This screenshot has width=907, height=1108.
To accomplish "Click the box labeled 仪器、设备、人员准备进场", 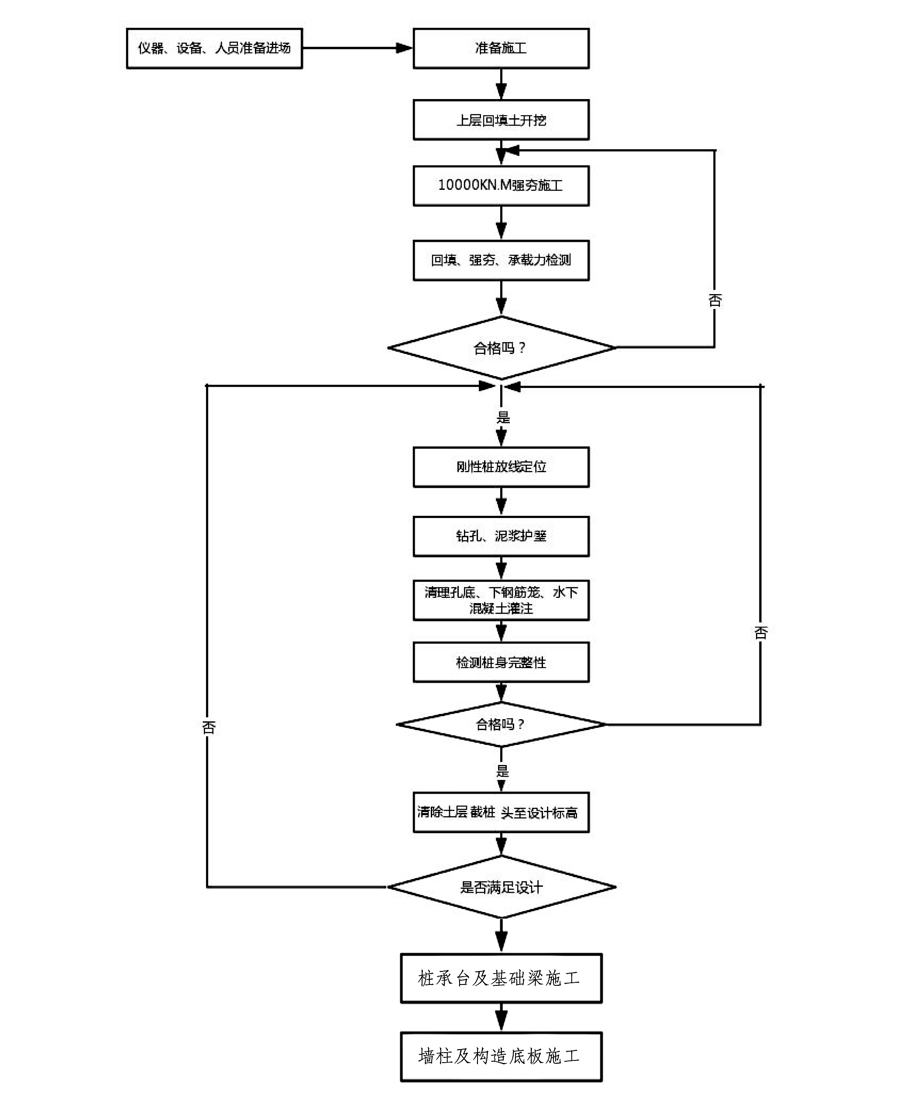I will point(214,48).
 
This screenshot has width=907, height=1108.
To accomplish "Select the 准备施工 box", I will point(501,48).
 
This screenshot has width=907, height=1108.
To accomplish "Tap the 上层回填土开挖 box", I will point(501,120).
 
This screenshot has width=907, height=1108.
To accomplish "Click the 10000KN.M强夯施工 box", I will point(501,185).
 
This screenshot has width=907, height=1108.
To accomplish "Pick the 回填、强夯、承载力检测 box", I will point(501,260).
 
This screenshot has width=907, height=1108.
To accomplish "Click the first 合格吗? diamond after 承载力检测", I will point(501,348).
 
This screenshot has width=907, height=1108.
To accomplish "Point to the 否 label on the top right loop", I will point(715,300).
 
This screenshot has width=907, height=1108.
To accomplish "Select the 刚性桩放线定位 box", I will point(501,467).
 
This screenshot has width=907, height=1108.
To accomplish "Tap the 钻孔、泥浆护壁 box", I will point(501,536).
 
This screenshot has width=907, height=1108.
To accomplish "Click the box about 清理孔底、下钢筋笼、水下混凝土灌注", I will point(501,600).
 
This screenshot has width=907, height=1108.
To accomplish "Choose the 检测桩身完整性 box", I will point(501,662).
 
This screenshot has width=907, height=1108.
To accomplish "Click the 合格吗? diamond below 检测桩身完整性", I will point(501,724).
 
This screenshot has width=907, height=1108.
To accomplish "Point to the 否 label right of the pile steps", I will point(761,633).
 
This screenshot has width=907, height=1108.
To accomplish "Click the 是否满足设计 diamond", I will point(501,887).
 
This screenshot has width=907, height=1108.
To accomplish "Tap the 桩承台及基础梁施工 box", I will point(501,978).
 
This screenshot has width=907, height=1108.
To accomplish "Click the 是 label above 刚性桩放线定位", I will point(503,417).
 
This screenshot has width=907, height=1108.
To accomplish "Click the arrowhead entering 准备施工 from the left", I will point(404,48).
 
